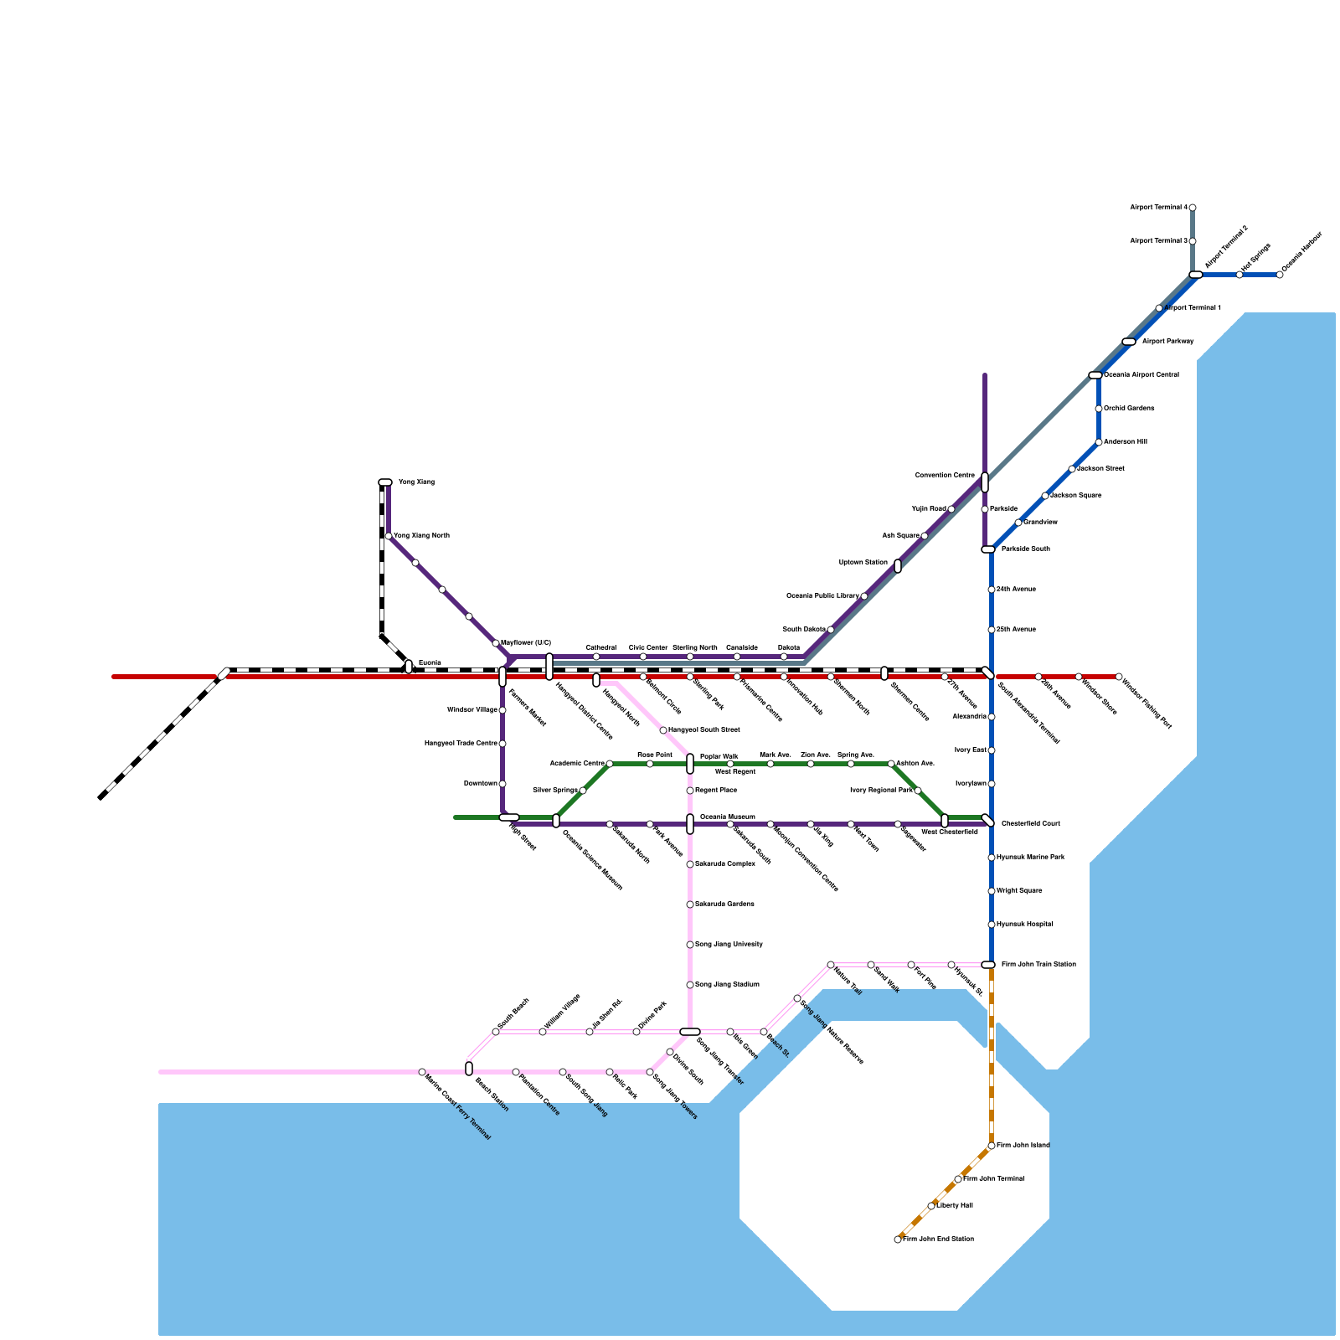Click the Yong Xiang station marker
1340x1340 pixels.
click(385, 482)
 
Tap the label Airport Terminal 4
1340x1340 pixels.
click(1158, 207)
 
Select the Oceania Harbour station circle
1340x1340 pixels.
click(1280, 275)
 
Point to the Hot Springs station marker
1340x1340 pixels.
click(1239, 275)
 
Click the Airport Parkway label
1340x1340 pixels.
click(1167, 342)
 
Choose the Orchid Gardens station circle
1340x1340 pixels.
click(1099, 409)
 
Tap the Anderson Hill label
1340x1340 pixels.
click(1125, 442)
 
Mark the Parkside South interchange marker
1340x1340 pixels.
click(988, 549)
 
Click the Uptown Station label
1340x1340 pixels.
click(863, 563)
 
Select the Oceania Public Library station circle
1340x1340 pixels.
click(864, 596)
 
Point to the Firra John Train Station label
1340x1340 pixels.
click(1038, 965)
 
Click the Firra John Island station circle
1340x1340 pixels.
click(992, 1146)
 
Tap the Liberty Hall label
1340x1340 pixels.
click(955, 1206)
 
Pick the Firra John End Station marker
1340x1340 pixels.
click(898, 1239)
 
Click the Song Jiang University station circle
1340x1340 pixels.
click(690, 945)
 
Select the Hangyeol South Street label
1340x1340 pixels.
click(703, 730)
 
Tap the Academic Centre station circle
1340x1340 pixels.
click(610, 764)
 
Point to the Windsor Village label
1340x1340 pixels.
click(472, 710)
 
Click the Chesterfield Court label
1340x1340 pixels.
click(1031, 824)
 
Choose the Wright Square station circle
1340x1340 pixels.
click(992, 891)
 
